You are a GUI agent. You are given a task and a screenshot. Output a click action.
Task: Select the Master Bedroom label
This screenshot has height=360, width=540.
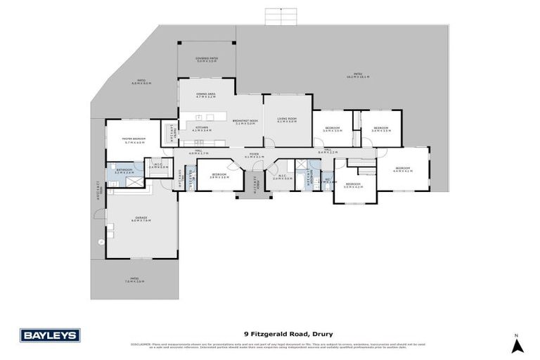(134, 140)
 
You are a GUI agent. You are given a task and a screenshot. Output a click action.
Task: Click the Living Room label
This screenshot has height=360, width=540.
(287, 120)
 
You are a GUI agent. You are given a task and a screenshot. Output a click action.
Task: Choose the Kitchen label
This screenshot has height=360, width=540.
(202, 129)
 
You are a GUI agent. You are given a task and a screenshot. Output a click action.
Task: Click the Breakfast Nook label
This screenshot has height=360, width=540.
(245, 122)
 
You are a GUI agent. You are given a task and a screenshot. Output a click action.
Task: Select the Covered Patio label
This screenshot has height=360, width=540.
(207, 60)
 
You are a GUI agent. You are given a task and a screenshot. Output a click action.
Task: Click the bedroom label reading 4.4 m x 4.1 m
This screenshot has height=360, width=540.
(402, 169)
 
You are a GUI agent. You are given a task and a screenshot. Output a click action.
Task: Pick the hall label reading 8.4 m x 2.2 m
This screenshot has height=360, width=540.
(328, 151)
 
